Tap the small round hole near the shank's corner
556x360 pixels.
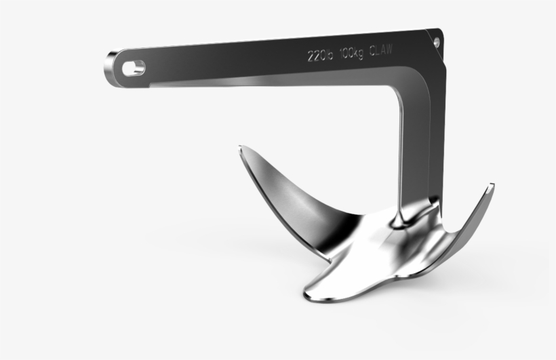pos(436,41)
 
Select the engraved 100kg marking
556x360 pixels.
pos(351,54)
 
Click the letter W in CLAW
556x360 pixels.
pos(392,49)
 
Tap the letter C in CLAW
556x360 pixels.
pos(373,52)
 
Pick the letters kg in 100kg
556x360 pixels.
pos(358,54)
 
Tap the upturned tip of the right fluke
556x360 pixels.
pos(492,185)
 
